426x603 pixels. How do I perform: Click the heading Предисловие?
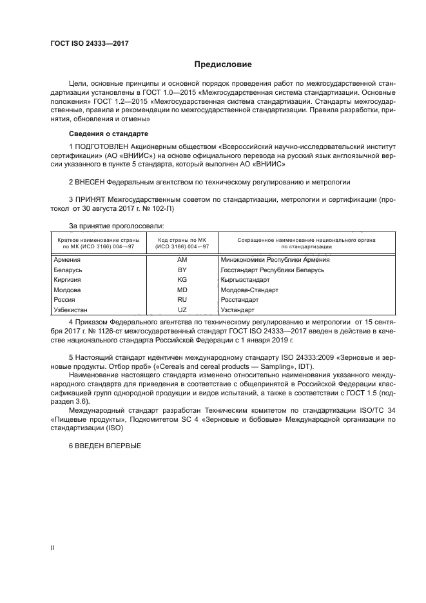pyautogui.click(x=223, y=64)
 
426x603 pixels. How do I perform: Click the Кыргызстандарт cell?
pyautogui.click(x=245, y=280)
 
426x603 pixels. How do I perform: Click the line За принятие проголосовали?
pyautogui.click(x=116, y=226)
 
